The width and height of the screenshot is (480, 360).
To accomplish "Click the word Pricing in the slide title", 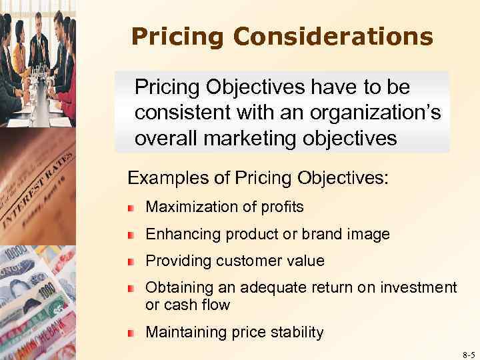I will click(x=172, y=37).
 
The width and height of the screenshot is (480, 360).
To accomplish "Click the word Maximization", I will click(x=189, y=207).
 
